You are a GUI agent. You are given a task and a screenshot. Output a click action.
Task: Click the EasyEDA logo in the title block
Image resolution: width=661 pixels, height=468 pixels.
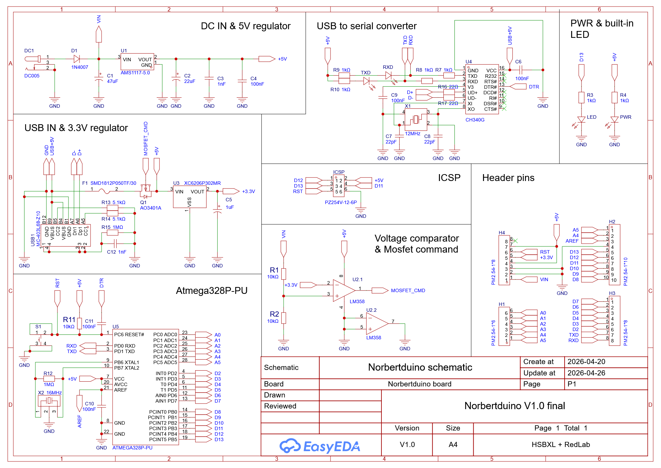pos(319,446)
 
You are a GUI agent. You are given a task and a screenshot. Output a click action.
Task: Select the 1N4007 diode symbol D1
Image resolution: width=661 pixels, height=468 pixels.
pos(76,59)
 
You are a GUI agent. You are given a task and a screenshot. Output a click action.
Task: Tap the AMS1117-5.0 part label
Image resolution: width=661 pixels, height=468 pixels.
pos(135,73)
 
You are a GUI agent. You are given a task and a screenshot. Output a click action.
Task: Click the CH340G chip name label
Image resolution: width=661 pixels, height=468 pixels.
pos(475,120)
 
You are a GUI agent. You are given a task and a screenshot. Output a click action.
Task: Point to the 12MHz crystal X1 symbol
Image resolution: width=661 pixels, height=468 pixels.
pos(416,119)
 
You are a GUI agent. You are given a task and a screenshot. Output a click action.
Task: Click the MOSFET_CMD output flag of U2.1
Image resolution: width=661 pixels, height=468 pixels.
pos(380,290)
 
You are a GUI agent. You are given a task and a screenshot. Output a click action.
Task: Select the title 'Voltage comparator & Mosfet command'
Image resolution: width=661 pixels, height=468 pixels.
pos(416,244)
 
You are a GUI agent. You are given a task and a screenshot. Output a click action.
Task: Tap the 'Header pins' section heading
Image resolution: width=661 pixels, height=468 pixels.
pos(508,178)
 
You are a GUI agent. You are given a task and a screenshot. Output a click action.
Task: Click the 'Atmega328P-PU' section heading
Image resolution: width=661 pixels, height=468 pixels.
pos(211,291)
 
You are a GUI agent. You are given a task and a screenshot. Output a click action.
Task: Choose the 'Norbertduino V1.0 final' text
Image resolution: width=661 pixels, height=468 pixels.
pos(515,406)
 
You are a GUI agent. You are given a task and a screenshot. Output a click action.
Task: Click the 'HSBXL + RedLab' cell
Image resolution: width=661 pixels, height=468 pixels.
pos(560,445)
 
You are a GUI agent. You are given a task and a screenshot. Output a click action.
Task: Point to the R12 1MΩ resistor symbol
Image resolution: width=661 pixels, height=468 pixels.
pos(49,379)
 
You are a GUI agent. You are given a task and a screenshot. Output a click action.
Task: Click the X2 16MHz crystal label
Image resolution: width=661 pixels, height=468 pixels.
pos(50,393)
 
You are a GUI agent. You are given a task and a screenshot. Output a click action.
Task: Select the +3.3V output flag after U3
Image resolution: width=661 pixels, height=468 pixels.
pos(231,191)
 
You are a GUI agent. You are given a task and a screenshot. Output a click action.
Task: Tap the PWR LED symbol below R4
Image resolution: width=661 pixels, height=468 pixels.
pos(614,119)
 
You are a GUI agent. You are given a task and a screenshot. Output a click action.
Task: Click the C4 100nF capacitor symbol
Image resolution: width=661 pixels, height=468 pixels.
pos(242,81)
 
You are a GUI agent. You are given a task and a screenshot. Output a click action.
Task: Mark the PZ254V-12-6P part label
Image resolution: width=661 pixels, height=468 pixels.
pos(341,202)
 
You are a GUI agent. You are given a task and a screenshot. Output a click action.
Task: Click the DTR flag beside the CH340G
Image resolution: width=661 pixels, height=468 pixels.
pos(518,86)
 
